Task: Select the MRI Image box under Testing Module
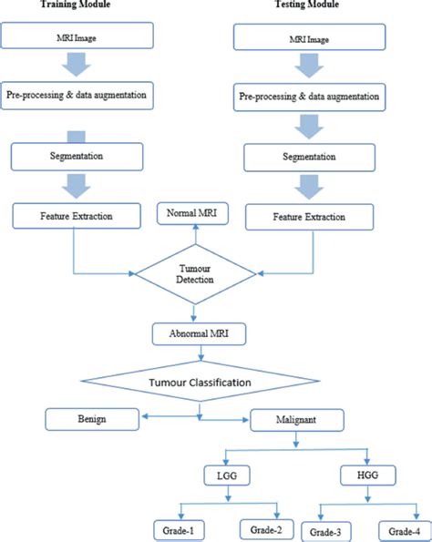310,37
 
